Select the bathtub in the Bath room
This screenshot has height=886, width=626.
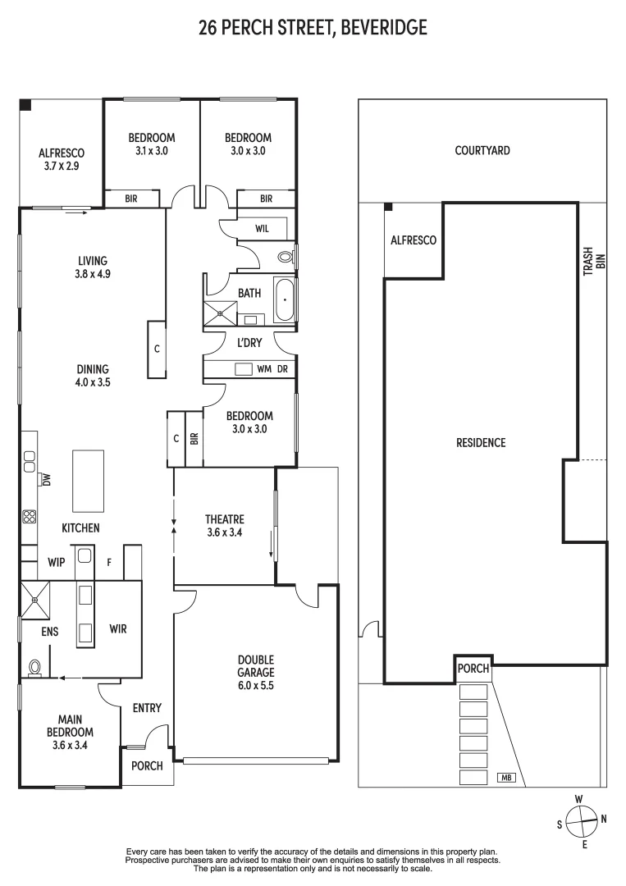[x=285, y=301]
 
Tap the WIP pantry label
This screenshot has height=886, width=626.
[x=57, y=563]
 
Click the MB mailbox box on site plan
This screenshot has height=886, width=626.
[x=506, y=777]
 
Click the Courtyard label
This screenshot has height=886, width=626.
[x=482, y=150]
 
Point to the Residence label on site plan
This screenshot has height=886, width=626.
[x=481, y=442]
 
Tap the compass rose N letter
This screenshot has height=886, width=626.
[x=605, y=818]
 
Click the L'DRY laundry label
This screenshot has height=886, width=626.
[x=249, y=342]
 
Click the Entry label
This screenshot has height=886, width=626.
[x=147, y=708]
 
